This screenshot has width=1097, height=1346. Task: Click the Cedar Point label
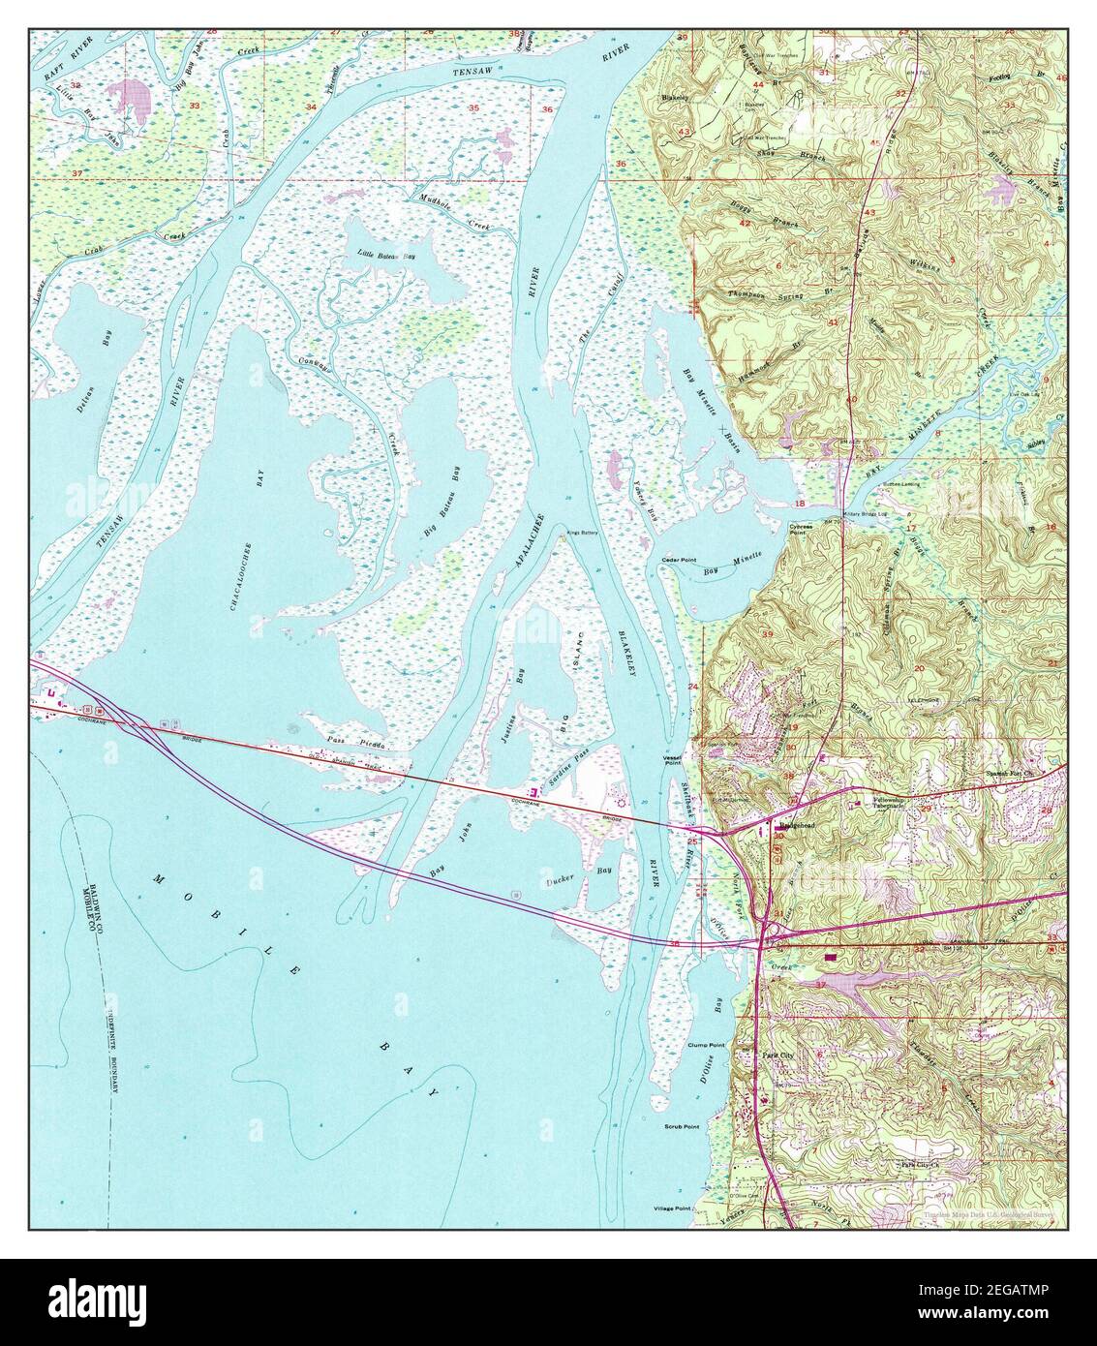679,560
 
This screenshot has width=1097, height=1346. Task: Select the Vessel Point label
674,760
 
